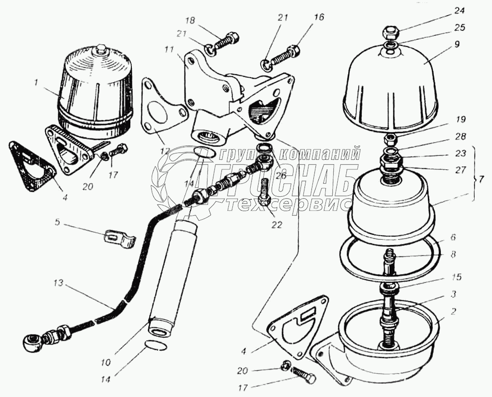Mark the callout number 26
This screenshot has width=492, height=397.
(281, 175)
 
